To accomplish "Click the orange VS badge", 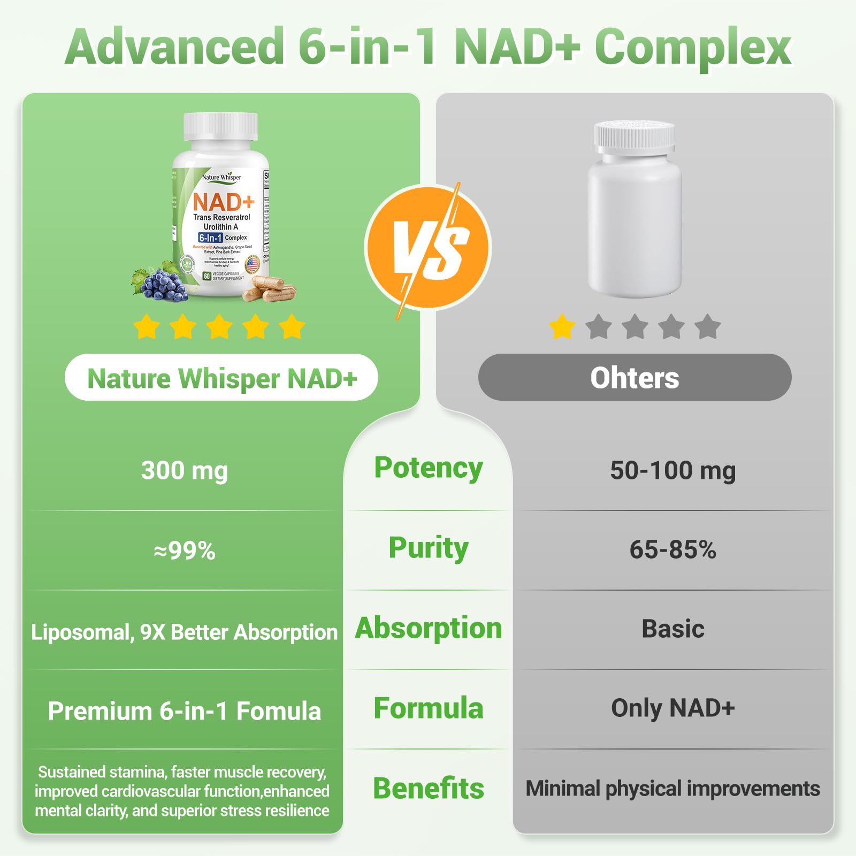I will [427, 247].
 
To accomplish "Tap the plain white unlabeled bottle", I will [635, 214].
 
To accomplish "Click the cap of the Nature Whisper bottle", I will [220, 126].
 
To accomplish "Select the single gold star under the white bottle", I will [562, 326].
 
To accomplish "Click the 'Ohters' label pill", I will [635, 378].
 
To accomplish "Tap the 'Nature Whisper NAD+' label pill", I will [221, 378].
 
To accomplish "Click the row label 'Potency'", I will [428, 468].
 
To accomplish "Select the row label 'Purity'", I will [428, 548].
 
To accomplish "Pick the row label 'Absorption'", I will [428, 628].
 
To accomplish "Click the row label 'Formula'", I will [428, 708].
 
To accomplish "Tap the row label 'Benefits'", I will [428, 788].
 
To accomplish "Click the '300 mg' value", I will [184, 470].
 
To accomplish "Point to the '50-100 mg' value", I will [672, 470].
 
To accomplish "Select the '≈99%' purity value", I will [184, 550].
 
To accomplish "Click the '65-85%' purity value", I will [672, 549].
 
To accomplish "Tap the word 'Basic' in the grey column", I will [672, 629].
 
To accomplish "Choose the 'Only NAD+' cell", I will [672, 708].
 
